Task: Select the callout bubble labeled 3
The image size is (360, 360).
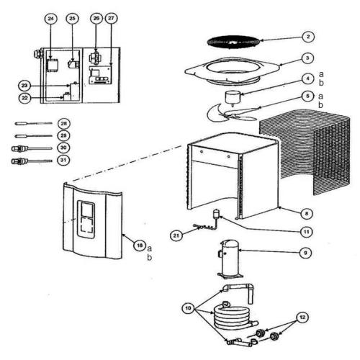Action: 307,57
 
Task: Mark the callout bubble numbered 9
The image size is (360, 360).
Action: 307,253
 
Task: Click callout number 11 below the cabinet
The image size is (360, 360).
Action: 307,232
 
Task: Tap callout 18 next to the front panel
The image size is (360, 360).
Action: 139,245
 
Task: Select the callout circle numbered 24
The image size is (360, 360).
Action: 50,17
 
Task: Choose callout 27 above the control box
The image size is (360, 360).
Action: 110,17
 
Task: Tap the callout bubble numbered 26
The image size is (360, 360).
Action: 96,17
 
